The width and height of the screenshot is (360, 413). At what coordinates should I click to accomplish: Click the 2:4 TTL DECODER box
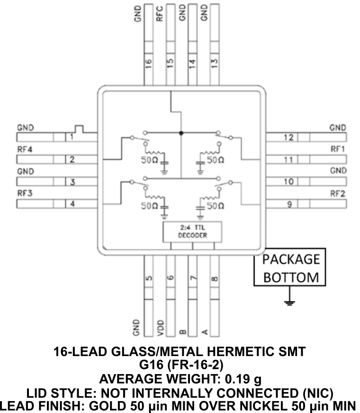pyautogui.click(x=192, y=231)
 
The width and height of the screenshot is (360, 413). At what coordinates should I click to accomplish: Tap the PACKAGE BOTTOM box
pyautogui.click(x=289, y=267)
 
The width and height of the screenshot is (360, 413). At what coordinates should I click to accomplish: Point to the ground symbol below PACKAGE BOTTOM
pyautogui.click(x=290, y=302)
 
